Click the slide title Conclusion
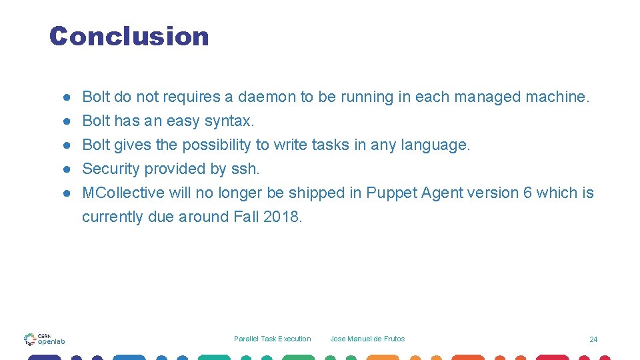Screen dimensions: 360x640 tap(129, 36)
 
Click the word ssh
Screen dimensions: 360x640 tap(245, 169)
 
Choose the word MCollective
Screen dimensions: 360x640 tap(123, 193)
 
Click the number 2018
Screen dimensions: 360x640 tap(283, 217)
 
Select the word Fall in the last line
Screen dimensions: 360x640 tap(247, 217)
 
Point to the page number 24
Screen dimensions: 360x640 tap(593, 339)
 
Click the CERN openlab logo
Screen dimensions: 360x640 tap(44, 339)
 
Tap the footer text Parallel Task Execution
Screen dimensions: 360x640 tap(272, 339)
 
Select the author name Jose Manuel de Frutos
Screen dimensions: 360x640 tap(367, 339)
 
